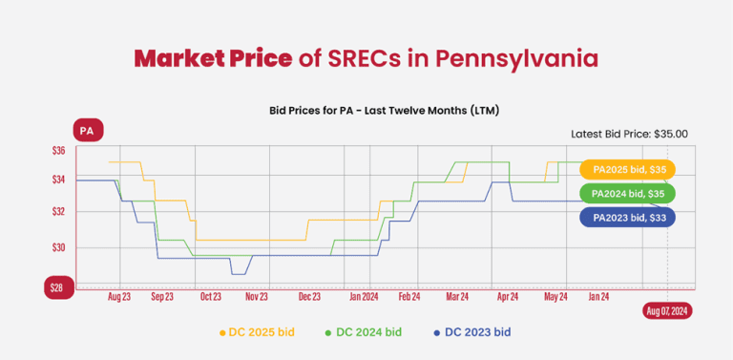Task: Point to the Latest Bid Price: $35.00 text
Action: click(629, 134)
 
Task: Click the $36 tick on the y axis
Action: click(58, 151)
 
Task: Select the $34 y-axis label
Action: click(58, 180)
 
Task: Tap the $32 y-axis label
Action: click(58, 211)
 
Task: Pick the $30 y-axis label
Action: click(58, 247)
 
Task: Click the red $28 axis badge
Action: click(58, 287)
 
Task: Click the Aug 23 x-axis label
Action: click(119, 297)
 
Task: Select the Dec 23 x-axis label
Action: click(309, 297)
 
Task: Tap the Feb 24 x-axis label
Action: click(409, 297)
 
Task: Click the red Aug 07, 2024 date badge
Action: click(667, 311)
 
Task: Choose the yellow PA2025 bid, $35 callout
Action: click(628, 170)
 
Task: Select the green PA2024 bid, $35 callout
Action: click(628, 194)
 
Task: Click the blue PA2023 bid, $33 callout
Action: click(628, 218)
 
